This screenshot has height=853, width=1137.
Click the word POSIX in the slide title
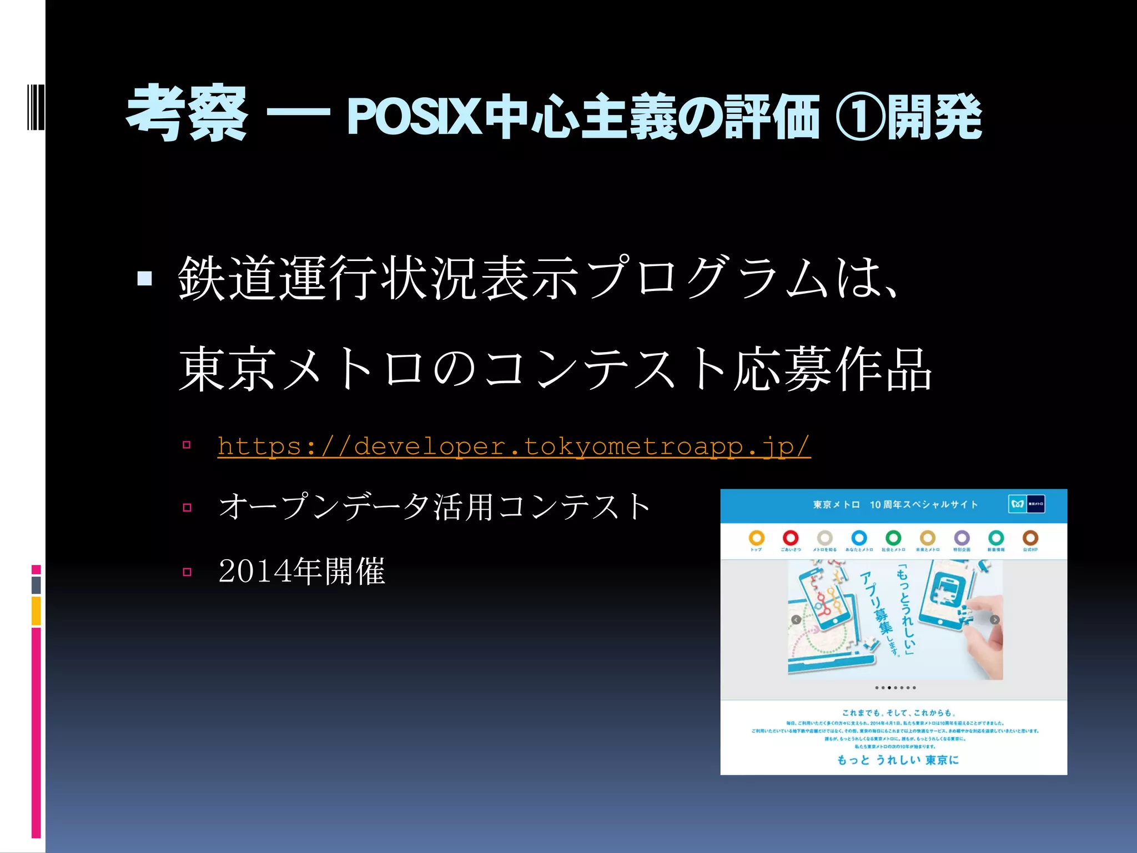click(414, 117)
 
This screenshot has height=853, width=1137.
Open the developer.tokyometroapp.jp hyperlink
click(514, 446)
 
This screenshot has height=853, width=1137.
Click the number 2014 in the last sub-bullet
click(255, 571)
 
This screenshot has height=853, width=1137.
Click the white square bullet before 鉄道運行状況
click(145, 278)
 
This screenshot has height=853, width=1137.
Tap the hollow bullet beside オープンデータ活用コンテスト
click(187, 508)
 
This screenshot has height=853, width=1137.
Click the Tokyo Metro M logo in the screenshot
click(1018, 504)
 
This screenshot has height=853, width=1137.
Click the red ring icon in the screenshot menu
click(791, 538)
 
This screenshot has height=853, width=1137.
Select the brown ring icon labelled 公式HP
click(1030, 538)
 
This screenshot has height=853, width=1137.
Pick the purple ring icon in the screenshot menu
click(962, 538)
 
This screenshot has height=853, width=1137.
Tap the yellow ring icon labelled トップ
click(756, 538)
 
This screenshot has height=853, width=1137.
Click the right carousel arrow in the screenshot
click(995, 620)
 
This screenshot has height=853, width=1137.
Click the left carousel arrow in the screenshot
click(796, 620)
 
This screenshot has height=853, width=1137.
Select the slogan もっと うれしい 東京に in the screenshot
click(898, 760)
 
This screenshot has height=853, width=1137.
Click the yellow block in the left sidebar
click(36, 611)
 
